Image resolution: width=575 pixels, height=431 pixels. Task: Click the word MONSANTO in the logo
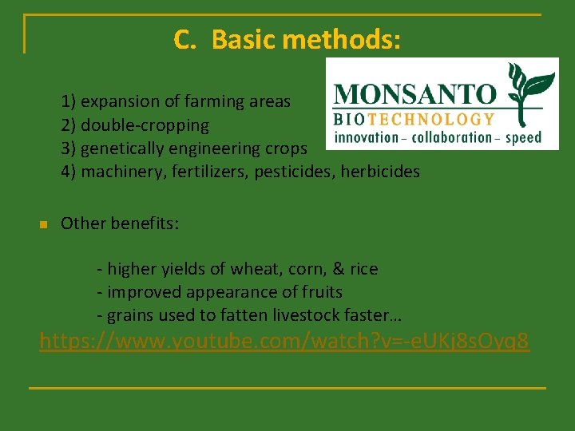pos(414,94)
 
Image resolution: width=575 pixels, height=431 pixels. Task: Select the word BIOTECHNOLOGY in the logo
pos(414,120)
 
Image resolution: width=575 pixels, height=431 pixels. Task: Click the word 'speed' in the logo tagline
pos(523,137)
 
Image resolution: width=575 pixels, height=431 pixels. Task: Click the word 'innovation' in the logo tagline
pos(366,137)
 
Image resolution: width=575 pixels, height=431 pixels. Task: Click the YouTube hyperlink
pos(284,342)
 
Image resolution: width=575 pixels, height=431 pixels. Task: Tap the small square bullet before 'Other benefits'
pos(44,224)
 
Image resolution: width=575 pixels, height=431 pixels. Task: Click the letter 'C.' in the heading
pos(184,39)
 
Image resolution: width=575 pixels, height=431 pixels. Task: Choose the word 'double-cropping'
pos(145,125)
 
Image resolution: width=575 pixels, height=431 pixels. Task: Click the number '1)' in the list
pos(69,101)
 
